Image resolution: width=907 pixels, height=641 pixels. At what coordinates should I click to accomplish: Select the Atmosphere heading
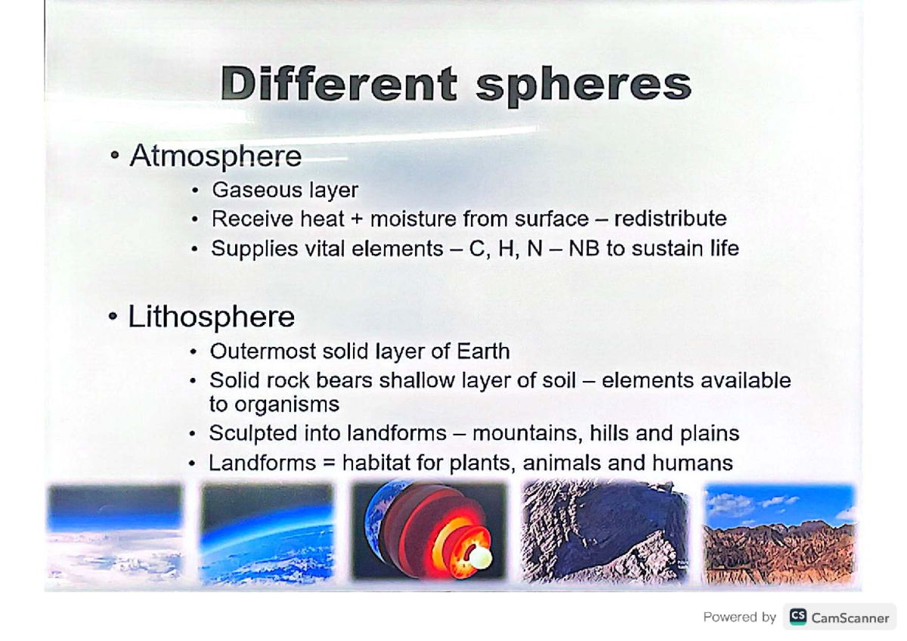pyautogui.click(x=215, y=156)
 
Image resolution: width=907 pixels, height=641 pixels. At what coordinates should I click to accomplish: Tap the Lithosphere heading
pyautogui.click(x=211, y=316)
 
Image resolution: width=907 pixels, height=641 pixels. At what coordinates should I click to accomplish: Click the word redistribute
pyautogui.click(x=670, y=218)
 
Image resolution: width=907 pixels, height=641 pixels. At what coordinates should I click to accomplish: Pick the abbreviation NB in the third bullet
pyautogui.click(x=584, y=248)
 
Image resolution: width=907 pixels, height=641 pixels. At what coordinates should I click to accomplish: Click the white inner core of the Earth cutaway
pyautogui.click(x=480, y=559)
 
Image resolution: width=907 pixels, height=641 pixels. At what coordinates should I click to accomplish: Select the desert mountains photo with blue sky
pyautogui.click(x=779, y=533)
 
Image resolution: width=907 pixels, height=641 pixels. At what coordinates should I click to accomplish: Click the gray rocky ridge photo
pyautogui.click(x=605, y=532)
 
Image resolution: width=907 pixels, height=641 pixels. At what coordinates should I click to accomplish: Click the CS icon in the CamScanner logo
pyautogui.click(x=797, y=617)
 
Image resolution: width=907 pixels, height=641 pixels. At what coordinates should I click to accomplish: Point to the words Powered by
pyautogui.click(x=739, y=617)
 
